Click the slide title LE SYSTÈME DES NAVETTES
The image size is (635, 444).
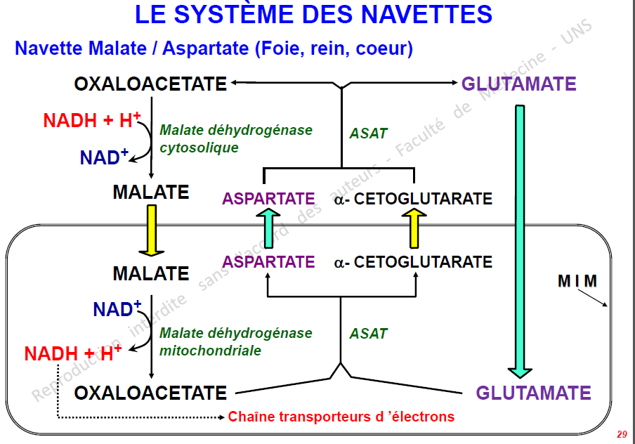click(x=313, y=14)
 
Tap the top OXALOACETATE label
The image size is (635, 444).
click(x=150, y=84)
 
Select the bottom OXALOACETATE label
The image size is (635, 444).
click(x=150, y=393)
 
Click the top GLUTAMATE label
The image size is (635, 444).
click(x=519, y=84)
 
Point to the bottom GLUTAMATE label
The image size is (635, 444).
click(x=533, y=393)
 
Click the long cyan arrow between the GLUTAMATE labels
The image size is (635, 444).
click(x=520, y=242)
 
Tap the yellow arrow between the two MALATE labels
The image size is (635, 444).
click(x=152, y=230)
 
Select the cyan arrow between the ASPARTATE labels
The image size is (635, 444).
click(x=268, y=228)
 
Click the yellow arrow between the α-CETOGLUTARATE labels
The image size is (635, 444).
click(x=414, y=228)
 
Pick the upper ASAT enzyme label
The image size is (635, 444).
click(x=368, y=133)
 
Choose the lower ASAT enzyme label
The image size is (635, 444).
click(x=368, y=334)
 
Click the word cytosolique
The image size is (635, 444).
click(x=199, y=148)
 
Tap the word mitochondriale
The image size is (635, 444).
click(x=210, y=351)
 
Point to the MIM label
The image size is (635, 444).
click(x=577, y=281)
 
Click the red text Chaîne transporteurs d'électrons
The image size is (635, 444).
click(x=341, y=417)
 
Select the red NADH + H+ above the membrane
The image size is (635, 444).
click(x=92, y=120)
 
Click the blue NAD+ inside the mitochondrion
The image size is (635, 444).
click(x=117, y=308)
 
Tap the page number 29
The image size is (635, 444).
click(x=622, y=434)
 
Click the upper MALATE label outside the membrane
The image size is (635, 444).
click(x=151, y=192)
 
